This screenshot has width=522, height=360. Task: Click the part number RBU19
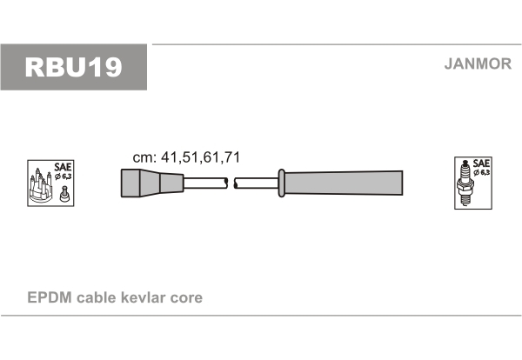[x=73, y=67]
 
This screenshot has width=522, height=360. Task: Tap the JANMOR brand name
[x=478, y=63]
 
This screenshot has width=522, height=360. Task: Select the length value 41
[x=169, y=157]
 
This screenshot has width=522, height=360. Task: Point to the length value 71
[x=232, y=157]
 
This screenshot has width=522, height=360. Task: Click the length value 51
[x=190, y=157]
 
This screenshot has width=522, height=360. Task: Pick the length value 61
[x=211, y=157]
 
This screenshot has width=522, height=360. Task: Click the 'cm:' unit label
[x=144, y=157]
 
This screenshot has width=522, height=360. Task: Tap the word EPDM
[x=50, y=297]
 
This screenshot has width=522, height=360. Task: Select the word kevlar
[x=144, y=297]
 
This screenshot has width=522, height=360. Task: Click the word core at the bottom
[x=186, y=298]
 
